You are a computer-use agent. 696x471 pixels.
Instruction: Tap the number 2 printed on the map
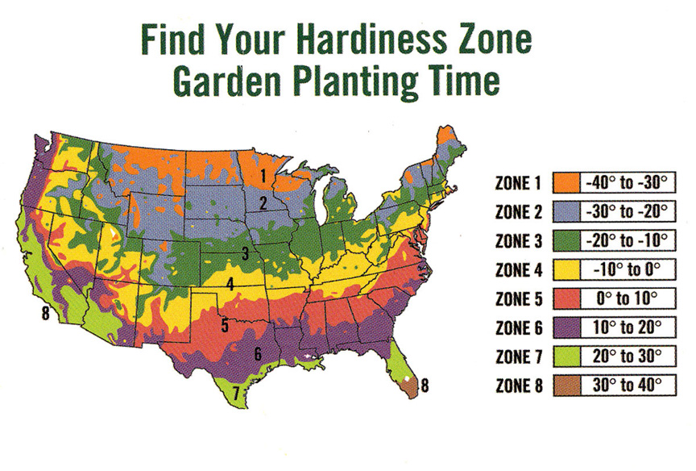coord(263,204)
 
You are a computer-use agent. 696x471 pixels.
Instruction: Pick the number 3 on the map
coord(245,255)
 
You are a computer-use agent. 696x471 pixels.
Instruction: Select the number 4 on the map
coord(230,284)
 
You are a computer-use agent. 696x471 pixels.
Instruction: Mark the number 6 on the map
coord(258,352)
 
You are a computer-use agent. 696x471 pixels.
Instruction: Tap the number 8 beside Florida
coord(425,386)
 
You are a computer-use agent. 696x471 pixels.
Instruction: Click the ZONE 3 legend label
coord(520,240)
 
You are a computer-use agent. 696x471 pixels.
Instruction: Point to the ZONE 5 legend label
coord(520,298)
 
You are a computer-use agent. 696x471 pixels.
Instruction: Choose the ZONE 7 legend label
coord(520,356)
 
